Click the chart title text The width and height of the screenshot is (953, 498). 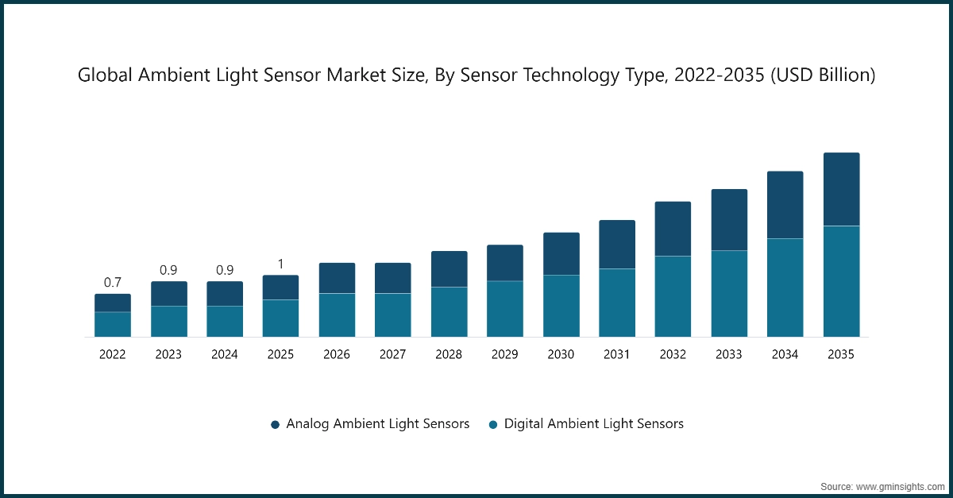pyautogui.click(x=476, y=75)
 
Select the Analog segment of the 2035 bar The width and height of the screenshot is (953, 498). pyautogui.click(x=841, y=189)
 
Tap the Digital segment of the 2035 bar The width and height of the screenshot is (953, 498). pyautogui.click(x=841, y=281)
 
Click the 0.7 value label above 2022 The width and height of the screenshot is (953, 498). pyautogui.click(x=113, y=282)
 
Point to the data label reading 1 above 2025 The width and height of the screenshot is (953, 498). pyautogui.click(x=280, y=264)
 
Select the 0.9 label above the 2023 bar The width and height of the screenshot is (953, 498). pyautogui.click(x=168, y=270)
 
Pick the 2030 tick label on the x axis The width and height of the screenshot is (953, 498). pyautogui.click(x=561, y=355)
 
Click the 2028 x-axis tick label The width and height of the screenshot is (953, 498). pyautogui.click(x=449, y=355)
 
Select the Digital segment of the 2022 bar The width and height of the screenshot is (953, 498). pyautogui.click(x=113, y=324)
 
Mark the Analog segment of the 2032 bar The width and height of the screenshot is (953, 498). pyautogui.click(x=673, y=229)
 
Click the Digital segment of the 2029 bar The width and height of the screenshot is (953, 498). pyautogui.click(x=505, y=309)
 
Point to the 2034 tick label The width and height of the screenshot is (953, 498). pyautogui.click(x=785, y=355)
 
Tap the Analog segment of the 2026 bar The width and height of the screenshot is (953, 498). pyautogui.click(x=337, y=278)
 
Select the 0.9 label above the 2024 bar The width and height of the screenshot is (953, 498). pyautogui.click(x=225, y=270)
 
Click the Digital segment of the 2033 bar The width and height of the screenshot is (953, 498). pyautogui.click(x=729, y=294)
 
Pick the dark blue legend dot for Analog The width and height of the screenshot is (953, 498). pyautogui.click(x=275, y=425)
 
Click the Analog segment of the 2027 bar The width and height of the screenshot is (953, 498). pyautogui.click(x=393, y=278)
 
